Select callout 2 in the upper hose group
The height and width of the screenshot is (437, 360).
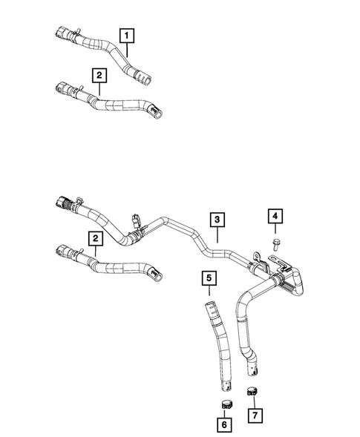pyautogui.click(x=97, y=74)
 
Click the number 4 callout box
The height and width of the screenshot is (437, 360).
pyautogui.click(x=274, y=216)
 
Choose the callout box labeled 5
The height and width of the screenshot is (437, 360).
pyautogui.click(x=209, y=279)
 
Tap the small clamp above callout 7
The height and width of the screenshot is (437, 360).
pyautogui.click(x=253, y=391)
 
